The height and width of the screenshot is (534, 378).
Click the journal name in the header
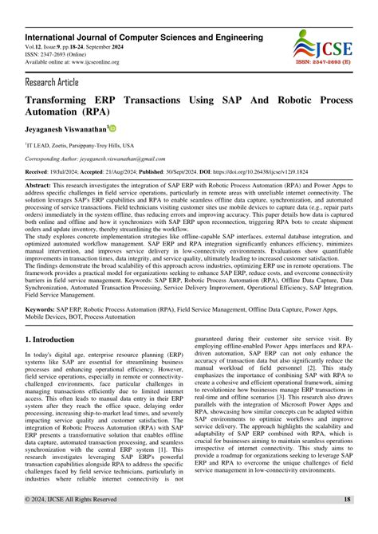tap(143, 37)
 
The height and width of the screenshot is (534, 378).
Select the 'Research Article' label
tap(53, 81)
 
